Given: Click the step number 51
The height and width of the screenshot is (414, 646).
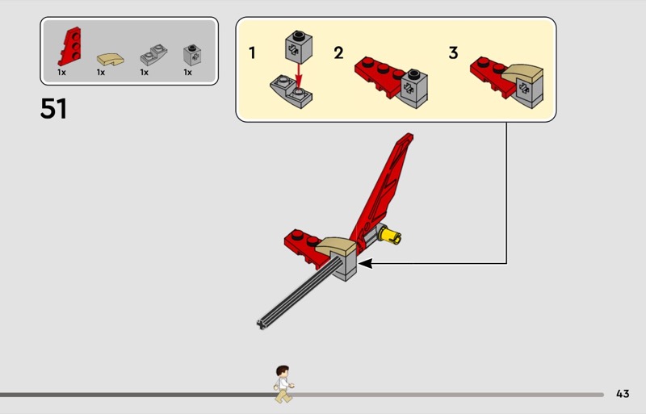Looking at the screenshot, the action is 53,109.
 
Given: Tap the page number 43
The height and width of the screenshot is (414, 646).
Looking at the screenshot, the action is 623,394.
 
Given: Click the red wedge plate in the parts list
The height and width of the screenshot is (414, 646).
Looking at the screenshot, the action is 69,47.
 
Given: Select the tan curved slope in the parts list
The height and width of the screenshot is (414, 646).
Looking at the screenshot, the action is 111,59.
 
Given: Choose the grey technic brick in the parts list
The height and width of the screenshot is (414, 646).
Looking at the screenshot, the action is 192,55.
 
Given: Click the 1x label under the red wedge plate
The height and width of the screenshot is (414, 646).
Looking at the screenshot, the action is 62,73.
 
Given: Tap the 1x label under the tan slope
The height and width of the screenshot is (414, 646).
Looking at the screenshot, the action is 101,73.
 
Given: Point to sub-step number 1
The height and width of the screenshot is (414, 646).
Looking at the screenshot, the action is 252,52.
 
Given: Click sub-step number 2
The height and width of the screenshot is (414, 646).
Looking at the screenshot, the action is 338,52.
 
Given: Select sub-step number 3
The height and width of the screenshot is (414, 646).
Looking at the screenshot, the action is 453,52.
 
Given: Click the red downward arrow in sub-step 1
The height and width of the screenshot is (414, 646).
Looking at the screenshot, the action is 299,75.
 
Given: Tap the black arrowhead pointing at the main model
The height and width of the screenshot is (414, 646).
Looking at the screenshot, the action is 366,263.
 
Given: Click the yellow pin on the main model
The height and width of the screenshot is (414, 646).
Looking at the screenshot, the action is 390,235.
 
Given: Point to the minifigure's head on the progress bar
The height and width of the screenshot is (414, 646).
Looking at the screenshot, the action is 283,371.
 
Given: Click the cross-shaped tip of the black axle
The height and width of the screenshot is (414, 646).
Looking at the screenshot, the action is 261,324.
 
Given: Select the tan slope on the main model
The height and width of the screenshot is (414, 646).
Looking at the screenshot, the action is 336,246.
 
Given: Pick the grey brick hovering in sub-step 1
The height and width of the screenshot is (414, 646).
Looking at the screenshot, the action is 299,47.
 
